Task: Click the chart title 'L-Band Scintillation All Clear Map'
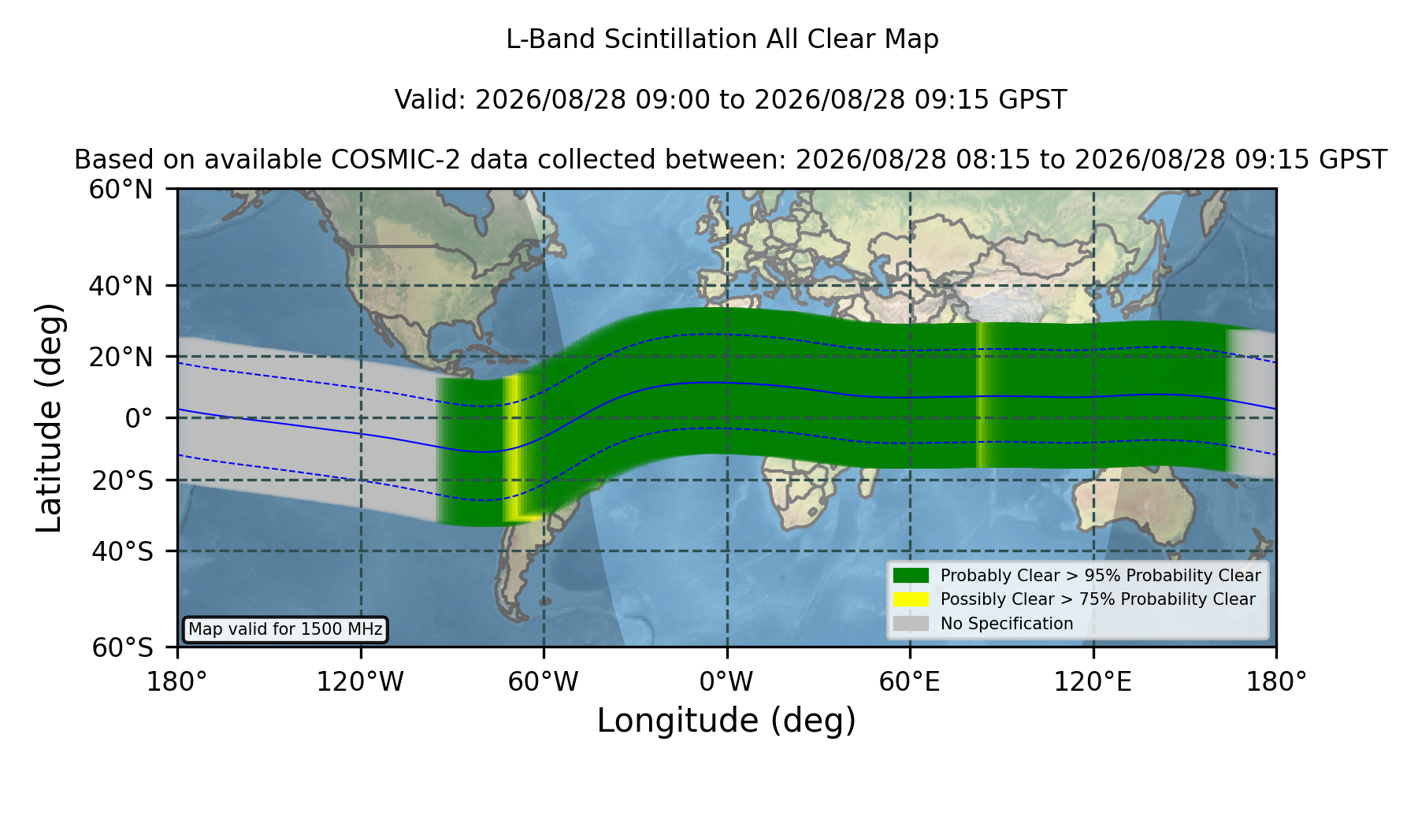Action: pyautogui.click(x=722, y=39)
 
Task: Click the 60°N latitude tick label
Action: pyautogui.click(x=121, y=190)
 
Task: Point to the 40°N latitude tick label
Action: pyautogui.click(x=121, y=286)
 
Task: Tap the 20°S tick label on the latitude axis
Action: pyautogui.click(x=123, y=480)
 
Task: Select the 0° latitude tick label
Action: pyautogui.click(x=139, y=418)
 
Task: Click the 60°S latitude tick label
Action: pyautogui.click(x=123, y=647)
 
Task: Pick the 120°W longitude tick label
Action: pyautogui.click(x=360, y=682)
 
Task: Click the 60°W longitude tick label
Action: pyautogui.click(x=544, y=682)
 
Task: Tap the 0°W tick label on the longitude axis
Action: pyautogui.click(x=726, y=682)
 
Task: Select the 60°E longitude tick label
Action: pyautogui.click(x=910, y=682)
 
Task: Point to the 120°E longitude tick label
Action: pyautogui.click(x=1093, y=682)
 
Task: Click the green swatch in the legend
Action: pyautogui.click(x=911, y=576)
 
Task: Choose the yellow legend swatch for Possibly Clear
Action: pyautogui.click(x=911, y=599)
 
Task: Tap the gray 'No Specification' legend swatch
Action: pyautogui.click(x=911, y=624)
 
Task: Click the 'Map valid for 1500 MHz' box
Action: pyautogui.click(x=285, y=629)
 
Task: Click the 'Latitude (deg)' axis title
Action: pyautogui.click(x=49, y=417)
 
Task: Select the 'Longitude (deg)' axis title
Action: pyautogui.click(x=726, y=721)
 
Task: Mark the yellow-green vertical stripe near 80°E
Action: pyautogui.click(x=982, y=395)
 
